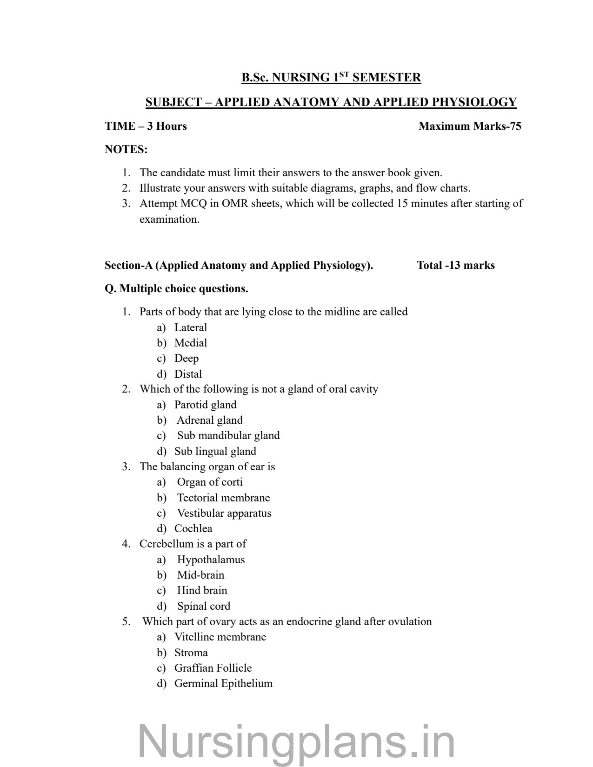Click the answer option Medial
pyautogui.click(x=190, y=343)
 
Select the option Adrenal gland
pyautogui.click(x=209, y=420)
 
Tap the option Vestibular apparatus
pyautogui.click(x=224, y=513)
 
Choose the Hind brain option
pyautogui.click(x=202, y=590)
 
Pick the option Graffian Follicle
pyautogui.click(x=213, y=668)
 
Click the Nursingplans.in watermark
pyautogui.click(x=296, y=741)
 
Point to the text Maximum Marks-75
pyautogui.click(x=470, y=126)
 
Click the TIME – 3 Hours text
pyautogui.click(x=146, y=126)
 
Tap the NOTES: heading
pyautogui.click(x=126, y=149)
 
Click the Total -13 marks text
pyautogui.click(x=456, y=265)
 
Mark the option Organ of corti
pyautogui.click(x=210, y=482)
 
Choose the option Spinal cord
pyautogui.click(x=203, y=606)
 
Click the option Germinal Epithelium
pyautogui.click(x=223, y=683)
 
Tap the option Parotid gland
pyautogui.click(x=205, y=405)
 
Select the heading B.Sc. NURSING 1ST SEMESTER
pyautogui.click(x=331, y=77)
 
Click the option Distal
pyautogui.click(x=188, y=374)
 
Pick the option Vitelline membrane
pyautogui.click(x=220, y=637)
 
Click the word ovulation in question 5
pyautogui.click(x=410, y=621)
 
